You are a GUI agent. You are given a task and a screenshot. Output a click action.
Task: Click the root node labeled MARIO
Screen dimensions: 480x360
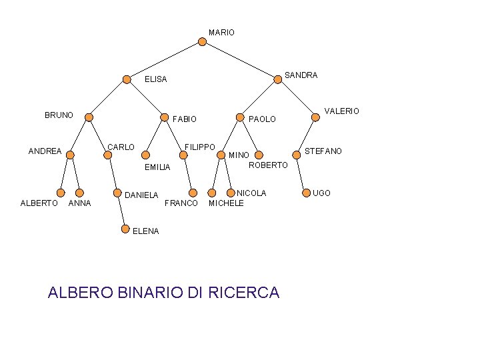[x=203, y=41]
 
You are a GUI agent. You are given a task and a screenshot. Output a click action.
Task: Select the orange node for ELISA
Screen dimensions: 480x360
[x=127, y=79]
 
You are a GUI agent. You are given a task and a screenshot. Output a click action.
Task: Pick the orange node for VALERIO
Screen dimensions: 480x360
[x=316, y=118]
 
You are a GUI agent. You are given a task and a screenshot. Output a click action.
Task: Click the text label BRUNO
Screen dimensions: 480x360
[x=59, y=115]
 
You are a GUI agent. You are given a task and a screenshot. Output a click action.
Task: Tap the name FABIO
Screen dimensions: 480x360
[x=185, y=119]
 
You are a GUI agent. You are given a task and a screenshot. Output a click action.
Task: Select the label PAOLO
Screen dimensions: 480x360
[x=262, y=119]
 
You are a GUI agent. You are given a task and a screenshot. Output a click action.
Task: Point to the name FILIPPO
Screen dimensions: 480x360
[x=199, y=147]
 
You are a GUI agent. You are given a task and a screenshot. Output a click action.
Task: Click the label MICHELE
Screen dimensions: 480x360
[x=226, y=203]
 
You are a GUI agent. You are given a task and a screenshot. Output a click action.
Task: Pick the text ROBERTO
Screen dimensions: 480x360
[x=267, y=165]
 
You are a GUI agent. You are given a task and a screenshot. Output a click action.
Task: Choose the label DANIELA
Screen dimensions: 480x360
[x=141, y=195]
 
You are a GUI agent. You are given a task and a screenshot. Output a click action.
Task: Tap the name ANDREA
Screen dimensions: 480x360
[x=45, y=151]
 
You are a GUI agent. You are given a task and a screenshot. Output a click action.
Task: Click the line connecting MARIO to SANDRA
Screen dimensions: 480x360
[x=240, y=60]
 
